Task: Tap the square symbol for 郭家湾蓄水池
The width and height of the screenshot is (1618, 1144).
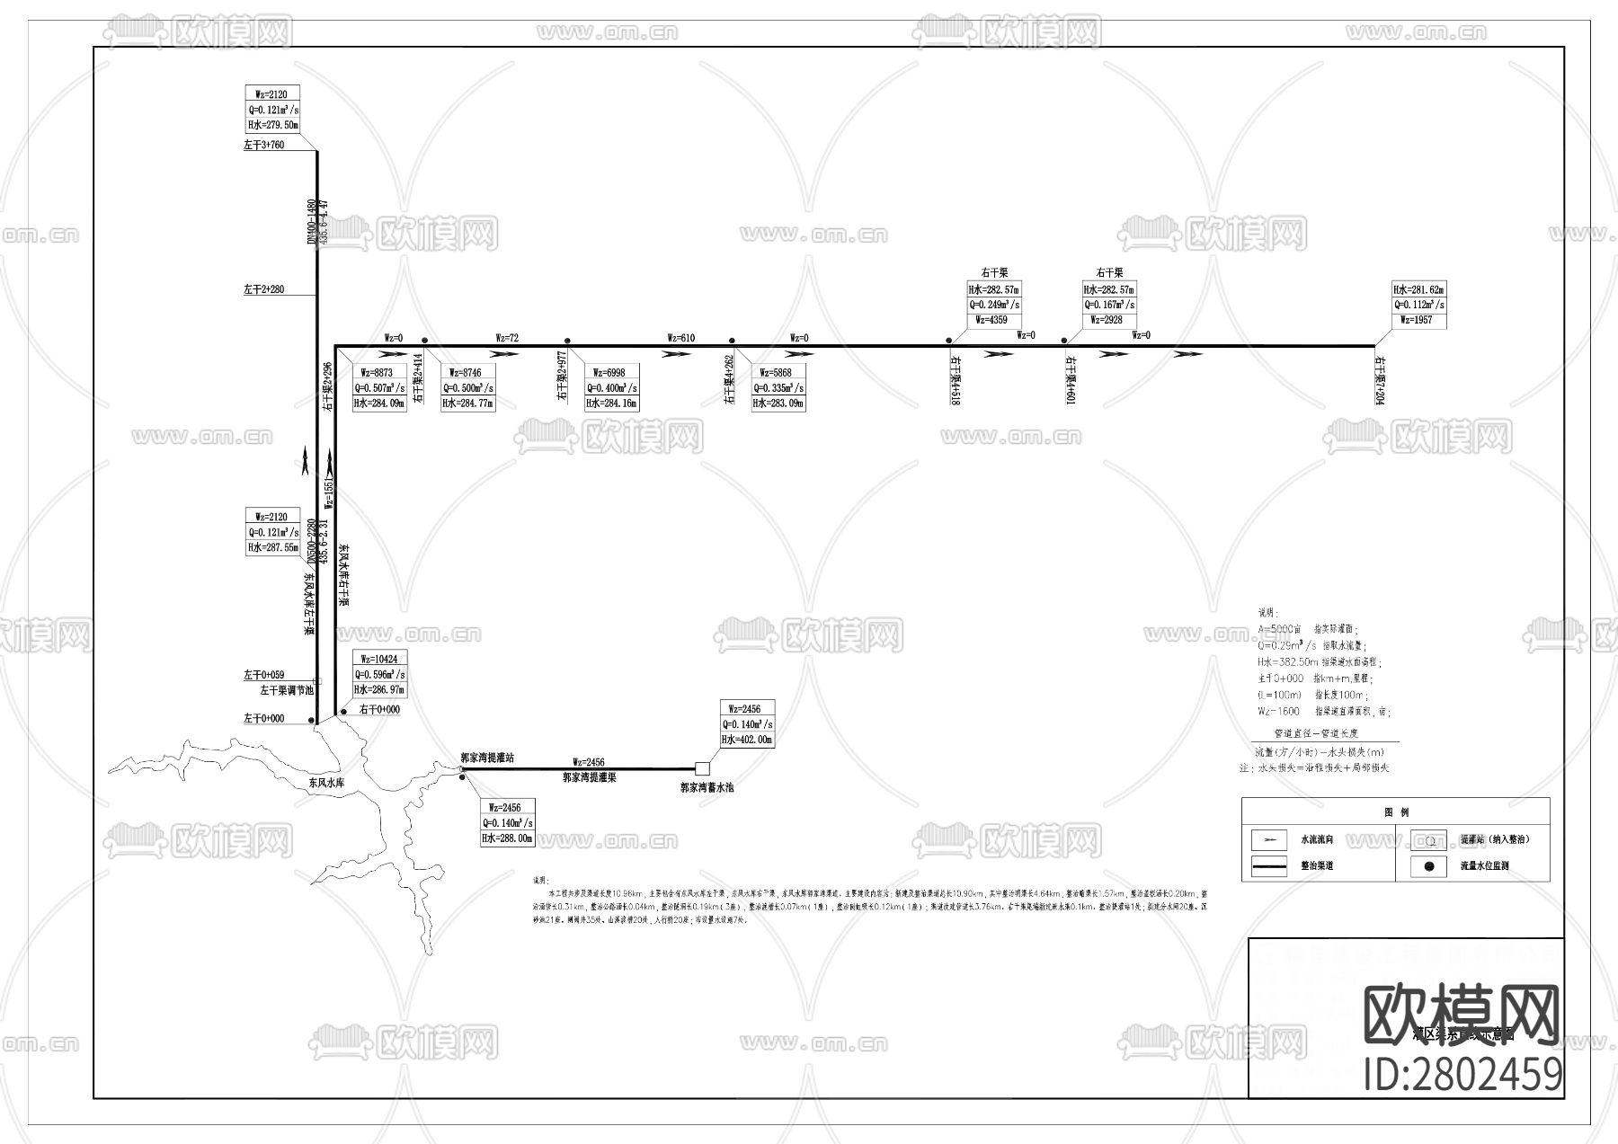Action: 702,768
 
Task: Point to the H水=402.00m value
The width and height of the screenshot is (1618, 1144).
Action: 746,740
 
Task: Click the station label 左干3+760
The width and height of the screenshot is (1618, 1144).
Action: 263,145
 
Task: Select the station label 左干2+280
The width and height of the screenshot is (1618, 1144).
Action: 263,289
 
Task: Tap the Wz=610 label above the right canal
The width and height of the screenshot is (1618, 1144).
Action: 680,338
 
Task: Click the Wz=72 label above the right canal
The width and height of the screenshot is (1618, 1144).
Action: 507,338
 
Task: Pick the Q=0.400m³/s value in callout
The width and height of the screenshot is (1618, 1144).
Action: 611,388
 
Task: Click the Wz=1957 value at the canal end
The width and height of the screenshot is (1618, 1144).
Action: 1417,320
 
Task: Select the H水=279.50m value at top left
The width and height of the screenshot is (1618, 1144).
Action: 272,125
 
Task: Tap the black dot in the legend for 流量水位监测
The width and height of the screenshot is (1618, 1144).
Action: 1428,866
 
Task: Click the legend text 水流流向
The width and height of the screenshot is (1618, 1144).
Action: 1317,839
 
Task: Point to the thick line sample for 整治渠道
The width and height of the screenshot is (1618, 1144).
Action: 1270,867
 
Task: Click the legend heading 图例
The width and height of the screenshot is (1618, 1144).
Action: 1396,812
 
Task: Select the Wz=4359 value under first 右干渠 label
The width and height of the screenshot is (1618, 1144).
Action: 993,320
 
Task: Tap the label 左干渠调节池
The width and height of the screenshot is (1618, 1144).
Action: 287,690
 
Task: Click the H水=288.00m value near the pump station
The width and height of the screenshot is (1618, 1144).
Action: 507,838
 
